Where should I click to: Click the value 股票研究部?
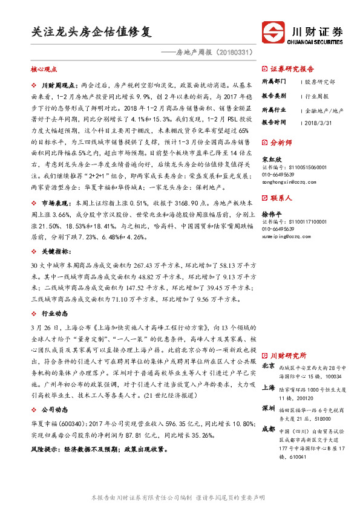pyautogui.click(x=319, y=81)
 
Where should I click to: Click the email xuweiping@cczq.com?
pyautogui.click(x=287, y=237)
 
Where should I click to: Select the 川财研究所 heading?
pyautogui.click(x=288, y=355)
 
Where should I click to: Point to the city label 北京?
pyautogui.click(x=268, y=366)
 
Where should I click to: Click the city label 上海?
pyautogui.click(x=268, y=390)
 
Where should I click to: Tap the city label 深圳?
pyautogui.click(x=268, y=408)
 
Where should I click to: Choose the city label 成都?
pyautogui.click(x=268, y=429)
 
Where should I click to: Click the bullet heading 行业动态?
pyautogui.click(x=54, y=314)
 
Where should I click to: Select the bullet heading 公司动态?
pyautogui.click(x=54, y=409)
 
